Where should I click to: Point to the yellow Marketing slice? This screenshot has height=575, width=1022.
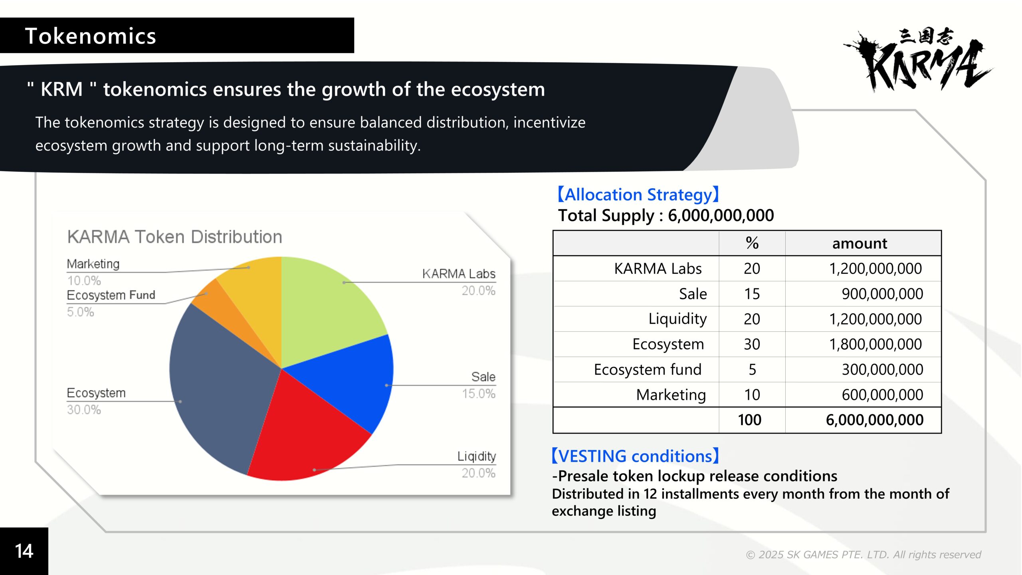(x=255, y=291)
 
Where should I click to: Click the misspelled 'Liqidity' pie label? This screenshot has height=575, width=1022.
(x=477, y=456)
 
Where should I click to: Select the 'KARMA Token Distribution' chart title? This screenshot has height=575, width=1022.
(x=175, y=237)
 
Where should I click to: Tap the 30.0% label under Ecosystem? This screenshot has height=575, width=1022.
(x=84, y=410)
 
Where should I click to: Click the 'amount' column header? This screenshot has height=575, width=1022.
(x=860, y=243)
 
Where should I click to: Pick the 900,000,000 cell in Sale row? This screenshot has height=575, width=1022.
(x=882, y=294)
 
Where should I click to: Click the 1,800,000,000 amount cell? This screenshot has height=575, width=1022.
(x=875, y=344)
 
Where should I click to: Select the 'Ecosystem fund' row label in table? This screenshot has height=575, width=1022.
(x=648, y=369)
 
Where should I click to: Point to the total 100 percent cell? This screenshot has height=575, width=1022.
(x=749, y=420)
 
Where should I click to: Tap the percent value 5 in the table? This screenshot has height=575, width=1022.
(x=752, y=370)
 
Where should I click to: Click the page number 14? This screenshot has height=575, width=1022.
(x=24, y=551)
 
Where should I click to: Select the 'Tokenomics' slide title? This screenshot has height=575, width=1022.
(x=91, y=36)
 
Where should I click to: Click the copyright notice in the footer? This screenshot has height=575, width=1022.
(x=864, y=555)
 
